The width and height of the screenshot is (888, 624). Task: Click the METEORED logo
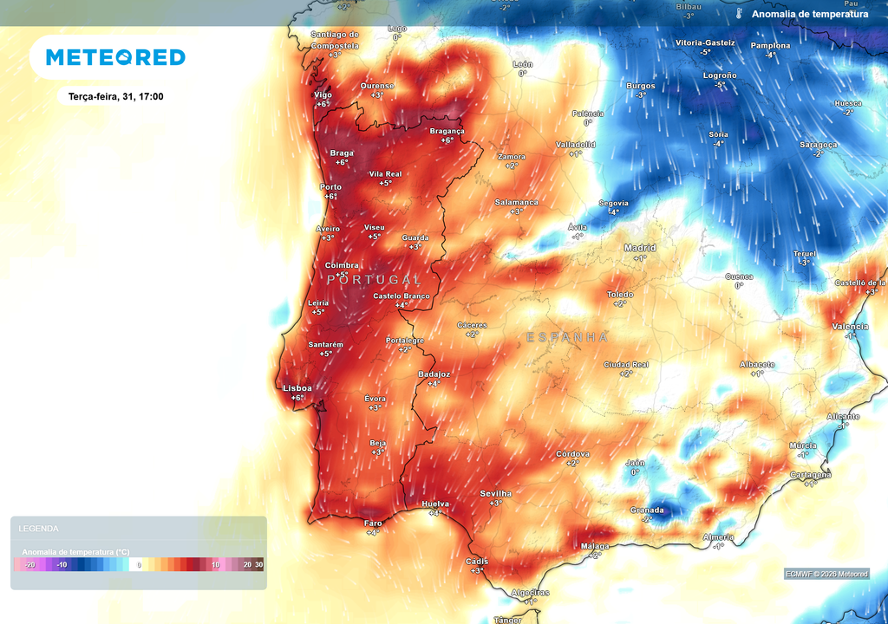click(x=115, y=57)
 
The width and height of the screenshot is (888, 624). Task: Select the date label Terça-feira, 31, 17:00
click(x=115, y=96)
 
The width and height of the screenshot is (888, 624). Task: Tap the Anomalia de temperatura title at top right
click(x=809, y=14)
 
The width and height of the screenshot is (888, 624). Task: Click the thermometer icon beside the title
click(x=739, y=14)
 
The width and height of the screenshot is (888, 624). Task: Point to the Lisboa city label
click(x=297, y=388)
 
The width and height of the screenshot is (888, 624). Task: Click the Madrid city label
click(x=640, y=248)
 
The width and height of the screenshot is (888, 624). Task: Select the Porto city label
click(x=330, y=187)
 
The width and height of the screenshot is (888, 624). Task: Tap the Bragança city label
click(x=447, y=131)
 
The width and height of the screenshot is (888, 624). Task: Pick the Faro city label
click(x=373, y=523)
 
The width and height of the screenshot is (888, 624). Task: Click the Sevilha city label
click(x=496, y=493)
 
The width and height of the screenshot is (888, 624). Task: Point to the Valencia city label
click(x=850, y=326)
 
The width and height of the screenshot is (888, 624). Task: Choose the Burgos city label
click(x=641, y=86)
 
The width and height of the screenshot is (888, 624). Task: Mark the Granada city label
click(x=647, y=510)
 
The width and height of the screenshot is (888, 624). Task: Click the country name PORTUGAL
click(x=375, y=280)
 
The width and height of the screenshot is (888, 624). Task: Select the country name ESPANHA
click(x=567, y=336)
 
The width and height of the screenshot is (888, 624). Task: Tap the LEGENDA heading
click(x=39, y=528)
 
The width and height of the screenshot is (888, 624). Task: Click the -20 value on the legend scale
click(x=29, y=564)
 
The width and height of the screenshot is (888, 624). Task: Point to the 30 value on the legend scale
click(x=258, y=564)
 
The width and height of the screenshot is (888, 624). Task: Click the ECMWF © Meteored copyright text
click(x=826, y=574)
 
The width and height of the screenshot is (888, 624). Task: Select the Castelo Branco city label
click(x=402, y=296)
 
